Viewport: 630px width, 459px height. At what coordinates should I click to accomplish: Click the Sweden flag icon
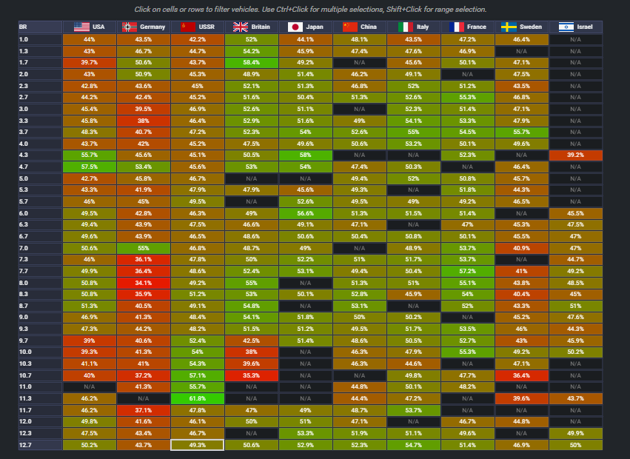coord(509,27)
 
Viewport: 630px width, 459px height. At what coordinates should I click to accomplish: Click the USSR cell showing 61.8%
coord(198,398)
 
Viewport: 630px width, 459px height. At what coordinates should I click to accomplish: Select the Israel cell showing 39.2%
coord(576,155)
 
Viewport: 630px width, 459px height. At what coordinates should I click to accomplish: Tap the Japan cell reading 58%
coord(306,155)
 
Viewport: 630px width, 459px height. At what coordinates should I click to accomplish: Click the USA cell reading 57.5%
coord(90,167)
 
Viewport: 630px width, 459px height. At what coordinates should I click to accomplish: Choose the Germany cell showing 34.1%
coord(144,283)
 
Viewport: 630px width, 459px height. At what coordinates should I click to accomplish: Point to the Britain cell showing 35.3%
coord(252,375)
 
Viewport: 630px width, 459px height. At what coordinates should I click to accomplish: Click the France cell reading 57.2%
coord(468,271)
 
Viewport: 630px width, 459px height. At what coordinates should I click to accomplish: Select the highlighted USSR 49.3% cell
coord(198,445)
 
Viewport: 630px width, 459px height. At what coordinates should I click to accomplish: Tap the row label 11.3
coord(25,398)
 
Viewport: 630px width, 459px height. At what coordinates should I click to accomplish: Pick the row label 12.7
coord(25,445)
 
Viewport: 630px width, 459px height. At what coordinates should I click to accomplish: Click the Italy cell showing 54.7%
coord(414,445)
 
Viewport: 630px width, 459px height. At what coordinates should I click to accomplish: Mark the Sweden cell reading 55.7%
coord(522,132)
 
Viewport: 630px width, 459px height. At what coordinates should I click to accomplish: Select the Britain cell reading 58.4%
coord(252,63)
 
